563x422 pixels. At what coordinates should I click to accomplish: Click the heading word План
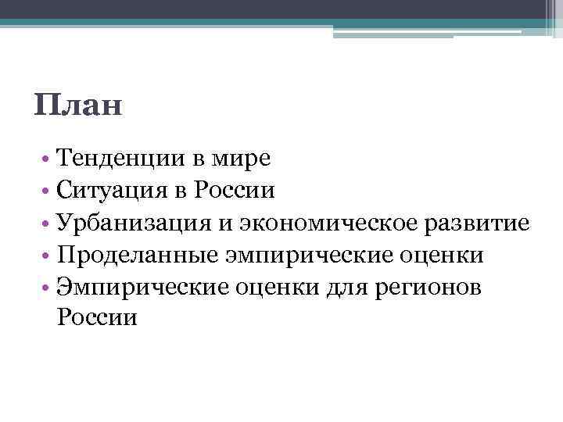[x=79, y=104]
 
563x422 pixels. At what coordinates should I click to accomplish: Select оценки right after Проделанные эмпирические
[x=442, y=256]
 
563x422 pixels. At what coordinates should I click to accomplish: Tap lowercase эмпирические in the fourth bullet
[x=303, y=256]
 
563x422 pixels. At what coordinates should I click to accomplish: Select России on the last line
[x=96, y=318]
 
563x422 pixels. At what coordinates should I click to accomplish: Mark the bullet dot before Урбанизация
[x=48, y=224]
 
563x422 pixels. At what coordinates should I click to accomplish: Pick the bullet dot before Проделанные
[x=48, y=256]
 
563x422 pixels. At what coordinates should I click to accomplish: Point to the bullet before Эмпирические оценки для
[x=48, y=288]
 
